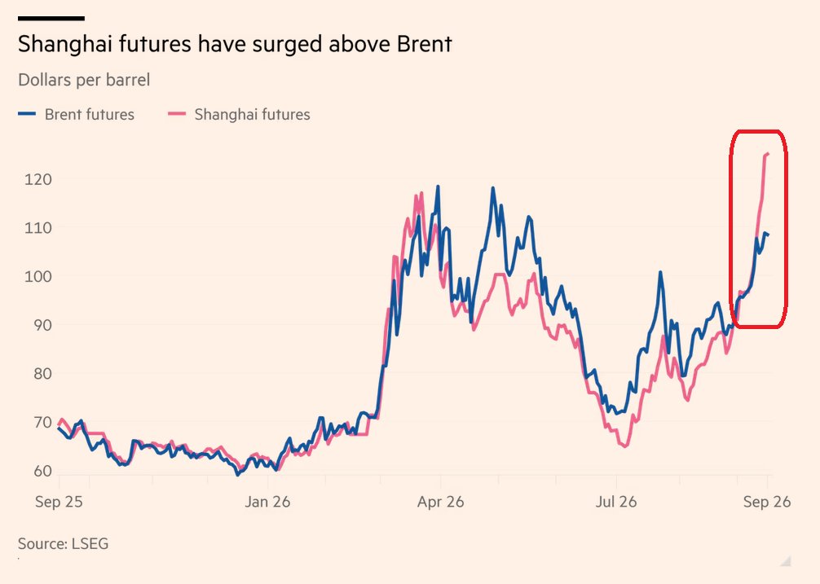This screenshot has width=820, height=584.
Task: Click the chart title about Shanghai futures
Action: click(235, 45)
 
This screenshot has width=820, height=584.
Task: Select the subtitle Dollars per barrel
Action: click(84, 81)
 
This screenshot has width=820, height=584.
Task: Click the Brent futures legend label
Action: click(90, 114)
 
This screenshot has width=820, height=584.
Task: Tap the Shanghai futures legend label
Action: click(252, 114)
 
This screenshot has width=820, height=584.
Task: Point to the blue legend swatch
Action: click(27, 114)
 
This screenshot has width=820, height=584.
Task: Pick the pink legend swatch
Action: click(177, 114)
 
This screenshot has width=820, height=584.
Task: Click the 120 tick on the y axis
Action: click(38, 180)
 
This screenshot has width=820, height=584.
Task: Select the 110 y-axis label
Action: click(38, 228)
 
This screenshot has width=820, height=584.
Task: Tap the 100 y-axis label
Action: click(38, 277)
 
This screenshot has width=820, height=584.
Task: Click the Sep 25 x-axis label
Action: click(59, 502)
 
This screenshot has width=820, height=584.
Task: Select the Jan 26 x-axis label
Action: click(267, 502)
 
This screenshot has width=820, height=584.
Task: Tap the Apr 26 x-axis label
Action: click(440, 502)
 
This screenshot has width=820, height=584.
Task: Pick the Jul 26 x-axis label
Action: click(616, 502)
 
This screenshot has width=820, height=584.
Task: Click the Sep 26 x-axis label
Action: click(767, 502)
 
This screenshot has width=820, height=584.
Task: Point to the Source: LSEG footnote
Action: click(64, 544)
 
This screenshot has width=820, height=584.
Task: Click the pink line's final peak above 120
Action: click(767, 153)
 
